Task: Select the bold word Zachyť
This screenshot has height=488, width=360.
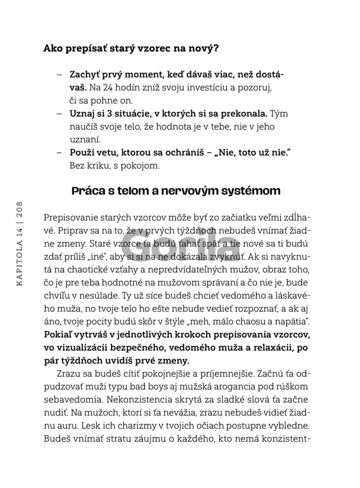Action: click(85, 74)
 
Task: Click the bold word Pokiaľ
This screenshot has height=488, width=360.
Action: click(59, 335)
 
